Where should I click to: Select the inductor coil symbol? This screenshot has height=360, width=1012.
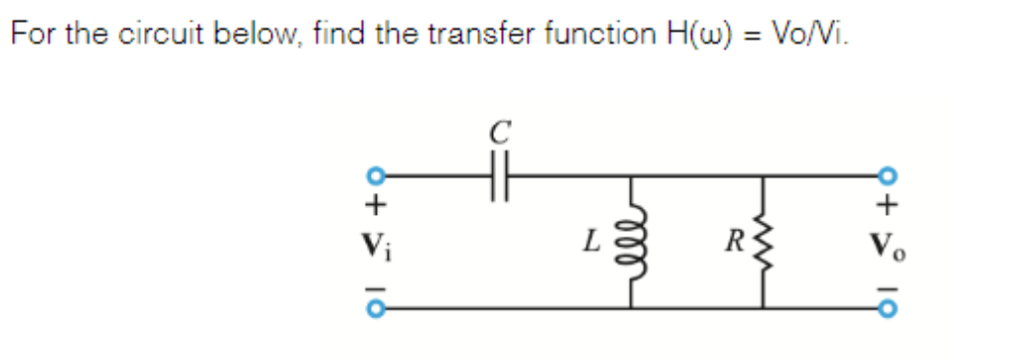click(x=633, y=242)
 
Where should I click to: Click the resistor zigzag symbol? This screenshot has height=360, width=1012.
click(x=762, y=242)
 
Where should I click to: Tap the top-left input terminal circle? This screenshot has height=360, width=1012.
click(x=377, y=177)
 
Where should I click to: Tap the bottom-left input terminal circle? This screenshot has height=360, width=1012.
click(x=377, y=307)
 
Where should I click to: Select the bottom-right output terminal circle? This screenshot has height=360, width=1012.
click(x=889, y=307)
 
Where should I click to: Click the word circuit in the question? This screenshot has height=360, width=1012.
click(x=161, y=34)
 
